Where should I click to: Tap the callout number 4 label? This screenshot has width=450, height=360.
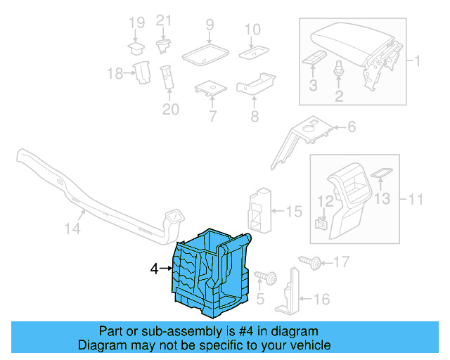pyautogui.click(x=155, y=269)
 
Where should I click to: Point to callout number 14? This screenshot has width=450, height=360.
pyautogui.click(x=73, y=229)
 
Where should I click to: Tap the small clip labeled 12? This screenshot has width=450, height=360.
pyautogui.click(x=321, y=224)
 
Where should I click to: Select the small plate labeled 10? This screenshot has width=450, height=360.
pyautogui.click(x=252, y=53)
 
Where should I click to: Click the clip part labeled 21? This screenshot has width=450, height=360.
pyautogui.click(x=164, y=46)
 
